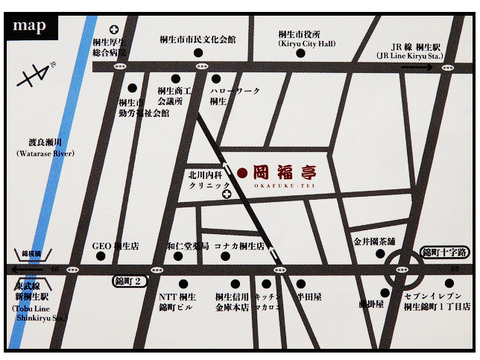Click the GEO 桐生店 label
pyautogui.click(x=115, y=245)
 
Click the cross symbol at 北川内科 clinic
pyautogui.click(x=227, y=194)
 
